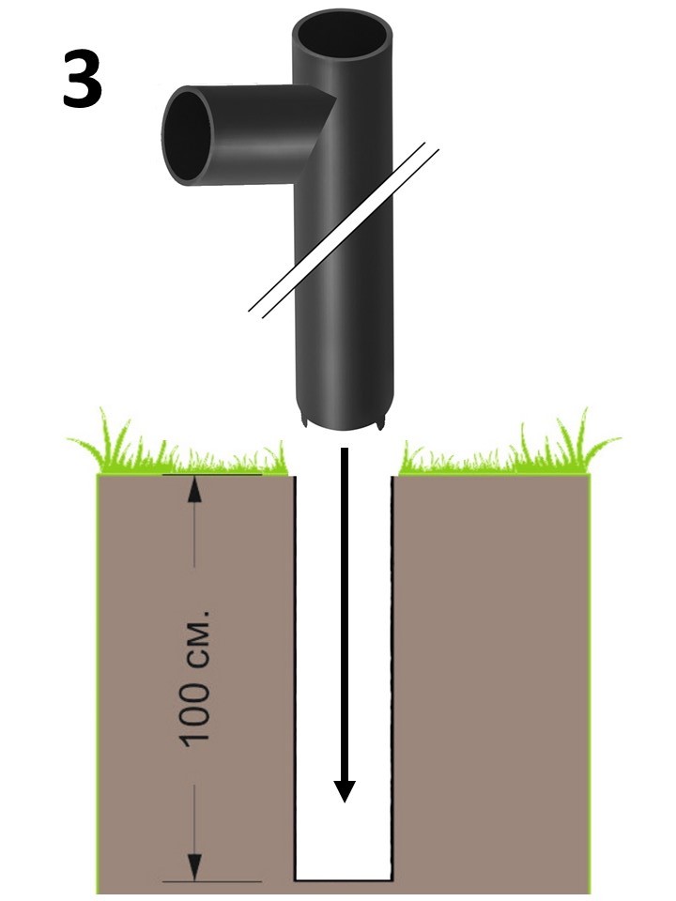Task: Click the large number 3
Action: [83, 79]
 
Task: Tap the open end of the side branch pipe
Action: [188, 135]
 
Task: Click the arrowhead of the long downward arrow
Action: [345, 789]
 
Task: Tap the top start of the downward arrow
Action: [345, 453]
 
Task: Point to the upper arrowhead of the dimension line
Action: [194, 488]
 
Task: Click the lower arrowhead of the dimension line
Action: [194, 867]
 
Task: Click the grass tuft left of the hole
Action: [178, 450]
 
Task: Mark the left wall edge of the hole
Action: [296, 676]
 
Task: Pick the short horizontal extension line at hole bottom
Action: [212, 881]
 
